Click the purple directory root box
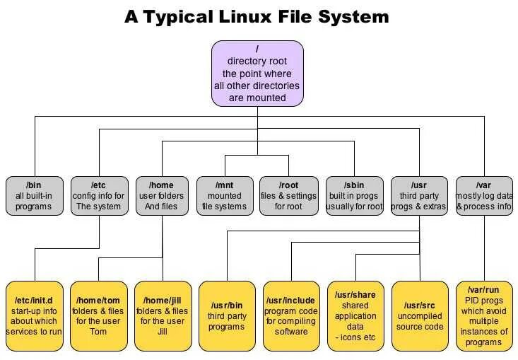257,74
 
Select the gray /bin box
34,196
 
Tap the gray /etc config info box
100,196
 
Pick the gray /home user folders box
162,196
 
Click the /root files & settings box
288,196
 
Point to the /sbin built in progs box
354,196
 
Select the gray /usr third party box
419,196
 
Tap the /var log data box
484,196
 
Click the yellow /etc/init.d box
34,316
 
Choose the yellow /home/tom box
98,316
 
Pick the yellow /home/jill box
162,316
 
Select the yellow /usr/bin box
226,316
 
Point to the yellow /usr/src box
420,316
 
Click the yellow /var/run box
484,316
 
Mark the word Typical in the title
181,17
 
